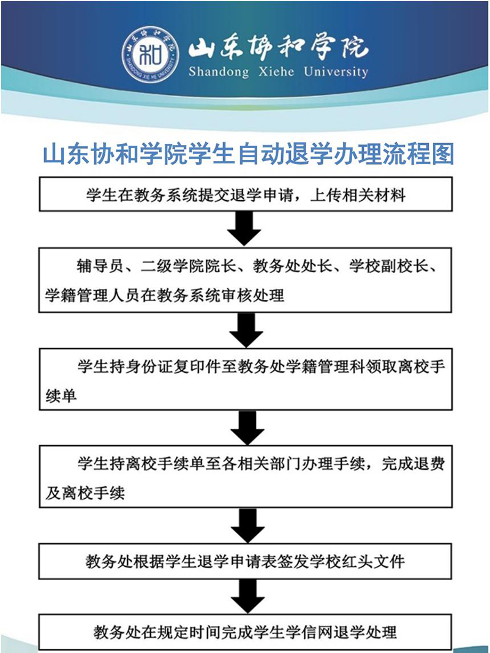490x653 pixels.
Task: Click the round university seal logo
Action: [151, 56]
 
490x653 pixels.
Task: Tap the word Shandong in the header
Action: [219, 72]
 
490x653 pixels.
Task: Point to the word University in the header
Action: [336, 72]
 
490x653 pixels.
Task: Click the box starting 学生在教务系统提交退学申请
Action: [246, 195]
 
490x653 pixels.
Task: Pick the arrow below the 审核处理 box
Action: [246, 330]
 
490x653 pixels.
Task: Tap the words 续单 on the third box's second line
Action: [61, 395]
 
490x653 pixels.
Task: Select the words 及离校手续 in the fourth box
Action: [85, 493]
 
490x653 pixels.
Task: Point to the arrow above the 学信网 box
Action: [248, 596]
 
